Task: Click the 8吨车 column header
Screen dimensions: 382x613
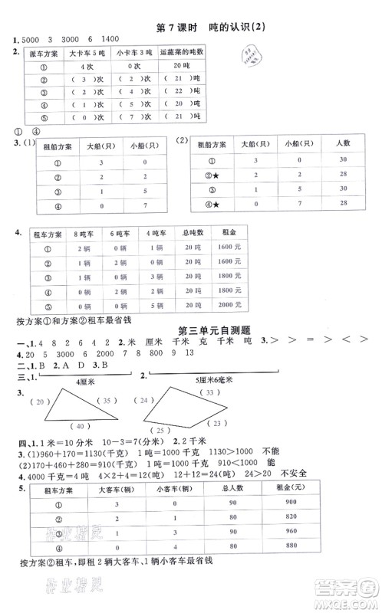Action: click(x=77, y=232)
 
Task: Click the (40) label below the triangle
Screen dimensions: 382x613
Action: click(x=77, y=447)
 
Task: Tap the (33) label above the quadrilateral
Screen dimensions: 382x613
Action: click(x=206, y=392)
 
